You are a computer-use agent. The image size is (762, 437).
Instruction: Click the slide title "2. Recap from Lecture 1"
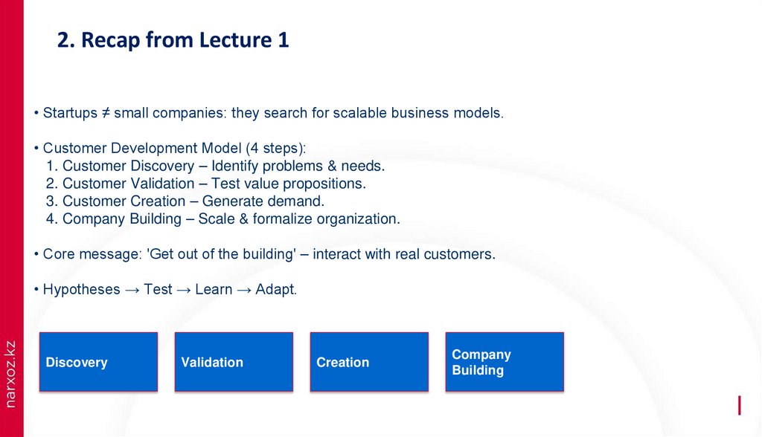click(173, 41)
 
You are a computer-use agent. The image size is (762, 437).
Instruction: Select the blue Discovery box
click(98, 362)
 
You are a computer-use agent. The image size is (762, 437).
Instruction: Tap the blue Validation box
click(234, 362)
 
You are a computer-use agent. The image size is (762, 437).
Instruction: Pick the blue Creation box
click(369, 362)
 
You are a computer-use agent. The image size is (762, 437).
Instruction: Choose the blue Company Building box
click(504, 362)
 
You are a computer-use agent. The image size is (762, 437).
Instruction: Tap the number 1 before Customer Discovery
click(49, 166)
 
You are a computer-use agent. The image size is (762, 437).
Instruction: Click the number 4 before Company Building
click(49, 219)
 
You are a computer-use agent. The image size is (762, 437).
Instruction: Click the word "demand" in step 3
click(302, 201)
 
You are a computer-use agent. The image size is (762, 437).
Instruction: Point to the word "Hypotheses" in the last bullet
click(81, 290)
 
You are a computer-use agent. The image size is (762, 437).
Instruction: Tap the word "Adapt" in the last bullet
click(275, 290)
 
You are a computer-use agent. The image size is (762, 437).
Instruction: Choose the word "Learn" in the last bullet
click(214, 290)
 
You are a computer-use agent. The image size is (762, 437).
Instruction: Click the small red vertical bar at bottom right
click(739, 405)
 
